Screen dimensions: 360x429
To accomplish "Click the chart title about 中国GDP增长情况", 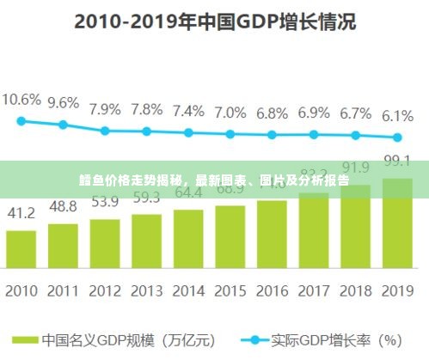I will (214, 21).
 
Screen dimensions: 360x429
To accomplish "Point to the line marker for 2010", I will (21, 120).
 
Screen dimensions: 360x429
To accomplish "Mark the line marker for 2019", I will (396, 137).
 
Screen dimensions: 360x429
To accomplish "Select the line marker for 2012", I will (105, 131).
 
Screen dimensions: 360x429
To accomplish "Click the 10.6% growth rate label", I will (21, 100).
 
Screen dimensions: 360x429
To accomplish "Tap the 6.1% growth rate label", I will (396, 116).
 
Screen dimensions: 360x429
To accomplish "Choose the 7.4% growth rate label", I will (188, 111).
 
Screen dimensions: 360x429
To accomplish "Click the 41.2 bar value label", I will (21, 213).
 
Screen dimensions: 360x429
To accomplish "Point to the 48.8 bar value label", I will (63, 206).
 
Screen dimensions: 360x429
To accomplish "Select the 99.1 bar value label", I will (396, 161).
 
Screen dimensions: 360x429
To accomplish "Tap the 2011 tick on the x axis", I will (63, 291).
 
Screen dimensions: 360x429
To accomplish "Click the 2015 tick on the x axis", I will (230, 291).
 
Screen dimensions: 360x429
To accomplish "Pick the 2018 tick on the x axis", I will (355, 291).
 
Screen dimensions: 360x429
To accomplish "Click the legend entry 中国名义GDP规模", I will (103, 340).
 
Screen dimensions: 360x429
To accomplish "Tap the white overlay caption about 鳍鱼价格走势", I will (214, 180).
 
